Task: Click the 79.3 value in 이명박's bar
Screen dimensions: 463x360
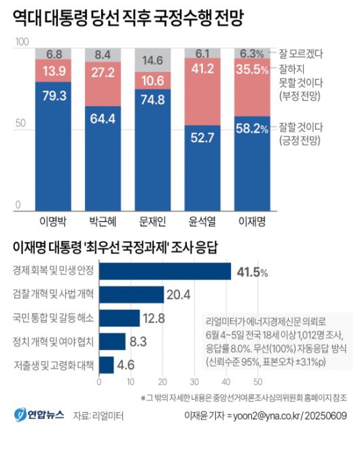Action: tap(55, 95)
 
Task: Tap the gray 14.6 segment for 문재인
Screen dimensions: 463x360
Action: tap(151, 60)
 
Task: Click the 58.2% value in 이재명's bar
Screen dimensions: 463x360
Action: tap(251, 127)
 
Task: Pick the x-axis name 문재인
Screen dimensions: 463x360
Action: tap(152, 222)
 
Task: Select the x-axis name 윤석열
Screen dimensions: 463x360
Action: tap(203, 222)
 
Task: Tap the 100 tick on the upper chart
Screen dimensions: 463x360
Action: tap(21, 42)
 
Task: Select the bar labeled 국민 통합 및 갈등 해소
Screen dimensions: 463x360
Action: tap(120, 318)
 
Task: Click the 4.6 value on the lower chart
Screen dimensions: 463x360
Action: tap(126, 365)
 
